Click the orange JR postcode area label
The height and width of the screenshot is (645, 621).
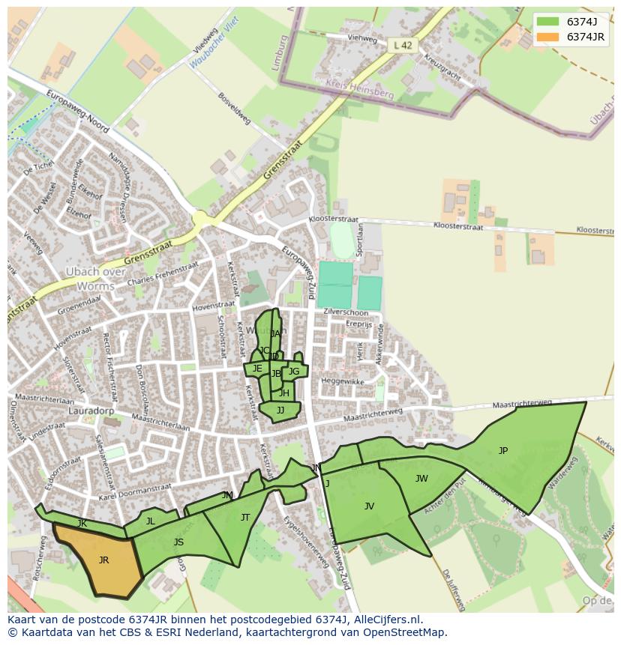pyautogui.click(x=103, y=560)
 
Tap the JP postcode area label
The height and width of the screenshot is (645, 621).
pyautogui.click(x=503, y=450)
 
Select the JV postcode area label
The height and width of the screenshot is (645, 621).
pyautogui.click(x=369, y=506)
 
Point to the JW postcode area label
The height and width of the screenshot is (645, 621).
pyautogui.click(x=421, y=479)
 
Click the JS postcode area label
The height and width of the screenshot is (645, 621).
pyautogui.click(x=178, y=542)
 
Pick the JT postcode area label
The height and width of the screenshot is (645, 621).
pyautogui.click(x=245, y=518)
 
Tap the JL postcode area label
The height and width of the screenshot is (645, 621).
pyautogui.click(x=150, y=521)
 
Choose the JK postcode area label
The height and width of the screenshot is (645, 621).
pyautogui.click(x=82, y=523)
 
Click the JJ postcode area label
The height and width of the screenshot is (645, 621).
pyautogui.click(x=280, y=410)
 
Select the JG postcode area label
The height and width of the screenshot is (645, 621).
pyautogui.click(x=294, y=372)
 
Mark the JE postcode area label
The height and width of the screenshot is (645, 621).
pyautogui.click(x=257, y=368)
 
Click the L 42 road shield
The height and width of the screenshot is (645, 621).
pyautogui.click(x=403, y=46)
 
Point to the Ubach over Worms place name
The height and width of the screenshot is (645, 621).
pyautogui.click(x=96, y=279)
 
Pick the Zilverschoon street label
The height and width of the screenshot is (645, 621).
pyautogui.click(x=346, y=312)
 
